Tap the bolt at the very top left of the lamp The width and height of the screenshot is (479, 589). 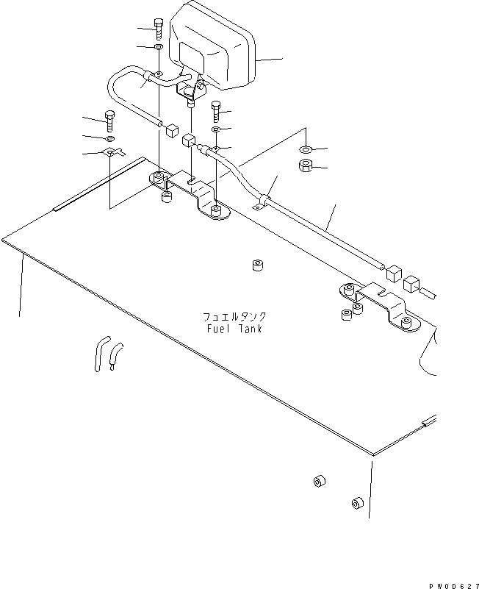pyautogui.click(x=159, y=32)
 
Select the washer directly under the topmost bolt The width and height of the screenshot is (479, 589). pyautogui.click(x=159, y=48)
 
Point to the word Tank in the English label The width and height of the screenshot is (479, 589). pyautogui.click(x=250, y=329)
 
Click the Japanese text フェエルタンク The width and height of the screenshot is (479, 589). pyautogui.click(x=234, y=316)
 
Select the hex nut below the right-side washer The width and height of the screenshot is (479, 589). pyautogui.click(x=307, y=166)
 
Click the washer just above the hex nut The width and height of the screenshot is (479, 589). pyautogui.click(x=306, y=150)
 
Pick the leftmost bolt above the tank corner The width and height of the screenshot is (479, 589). pyautogui.click(x=110, y=119)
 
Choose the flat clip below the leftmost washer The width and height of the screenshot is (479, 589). pyautogui.click(x=112, y=153)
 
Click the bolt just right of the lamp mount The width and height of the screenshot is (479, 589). pyautogui.click(x=216, y=111)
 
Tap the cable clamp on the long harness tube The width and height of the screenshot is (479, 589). pyautogui.click(x=263, y=200)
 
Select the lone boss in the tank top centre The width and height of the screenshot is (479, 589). pyautogui.click(x=257, y=265)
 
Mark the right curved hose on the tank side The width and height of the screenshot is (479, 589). pyautogui.click(x=115, y=355)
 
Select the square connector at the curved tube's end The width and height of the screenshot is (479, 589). pyautogui.click(x=173, y=130)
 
